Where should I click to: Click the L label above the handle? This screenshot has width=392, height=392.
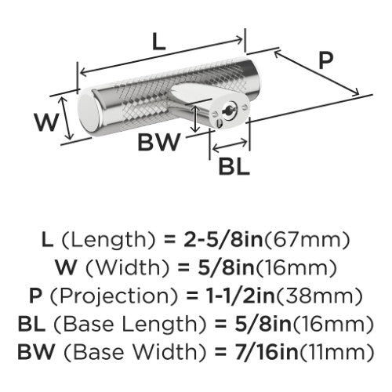click(x=159, y=42)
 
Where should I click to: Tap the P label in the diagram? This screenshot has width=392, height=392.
click(x=326, y=60)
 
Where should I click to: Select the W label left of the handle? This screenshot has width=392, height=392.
click(x=46, y=122)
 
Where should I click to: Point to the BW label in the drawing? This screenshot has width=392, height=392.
click(x=159, y=142)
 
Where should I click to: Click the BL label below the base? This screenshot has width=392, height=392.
click(x=234, y=166)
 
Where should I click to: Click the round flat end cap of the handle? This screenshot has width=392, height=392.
click(x=89, y=113)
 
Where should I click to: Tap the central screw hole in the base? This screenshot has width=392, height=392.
click(x=229, y=111)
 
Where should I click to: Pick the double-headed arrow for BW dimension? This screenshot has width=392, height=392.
click(x=194, y=118)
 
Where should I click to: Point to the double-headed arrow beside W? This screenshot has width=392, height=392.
click(x=66, y=118)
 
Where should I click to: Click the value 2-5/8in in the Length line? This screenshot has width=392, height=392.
click(x=223, y=240)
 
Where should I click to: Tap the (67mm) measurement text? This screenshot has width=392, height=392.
click(x=307, y=241)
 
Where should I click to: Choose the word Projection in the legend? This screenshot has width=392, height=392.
click(x=114, y=296)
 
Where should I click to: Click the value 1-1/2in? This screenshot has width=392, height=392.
click(x=241, y=296)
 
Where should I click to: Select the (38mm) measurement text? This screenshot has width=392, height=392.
click(x=319, y=296)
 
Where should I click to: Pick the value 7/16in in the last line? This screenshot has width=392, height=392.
click(x=267, y=352)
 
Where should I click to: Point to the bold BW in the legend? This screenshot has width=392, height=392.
click(x=36, y=352)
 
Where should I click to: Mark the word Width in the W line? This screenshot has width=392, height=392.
click(x=127, y=268)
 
